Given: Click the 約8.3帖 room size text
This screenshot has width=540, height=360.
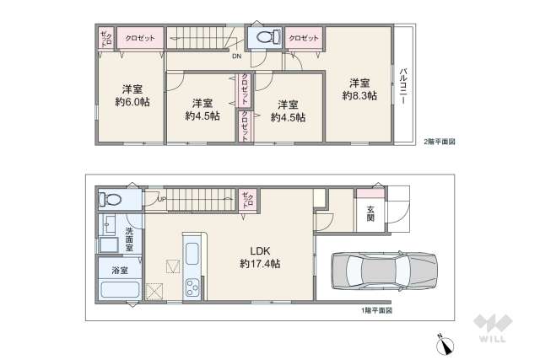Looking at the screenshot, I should pyautogui.click(x=359, y=96).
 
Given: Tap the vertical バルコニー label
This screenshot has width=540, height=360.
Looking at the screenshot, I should pyautogui.click(x=404, y=84).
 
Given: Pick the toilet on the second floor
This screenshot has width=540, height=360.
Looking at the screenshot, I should pyautogui.click(x=265, y=37).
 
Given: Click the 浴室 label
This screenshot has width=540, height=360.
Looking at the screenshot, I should pyautogui.click(x=120, y=271).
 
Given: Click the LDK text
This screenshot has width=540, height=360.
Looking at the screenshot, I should pyautogui.click(x=259, y=250).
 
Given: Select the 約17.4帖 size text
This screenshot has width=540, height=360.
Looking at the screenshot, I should pyautogui.click(x=259, y=264).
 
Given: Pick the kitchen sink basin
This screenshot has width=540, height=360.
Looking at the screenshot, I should pyautogui.click(x=192, y=253).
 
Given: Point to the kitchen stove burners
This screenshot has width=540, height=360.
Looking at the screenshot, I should pyautogui.click(x=192, y=287).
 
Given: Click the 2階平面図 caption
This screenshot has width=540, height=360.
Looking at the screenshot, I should pyautogui.click(x=439, y=142).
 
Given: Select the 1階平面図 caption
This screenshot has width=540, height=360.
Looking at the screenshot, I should pyautogui.click(x=372, y=310).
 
